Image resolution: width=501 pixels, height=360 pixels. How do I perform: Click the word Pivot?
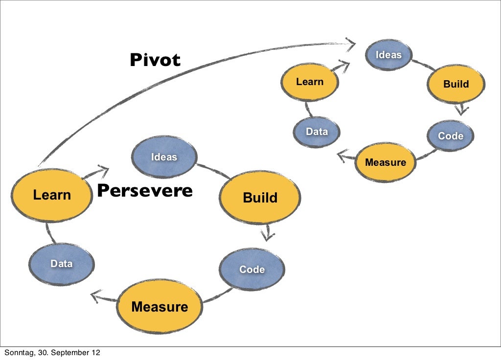155,60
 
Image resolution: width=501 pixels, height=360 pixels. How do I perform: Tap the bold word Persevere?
144,190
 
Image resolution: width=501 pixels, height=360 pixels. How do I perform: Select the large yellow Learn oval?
52,195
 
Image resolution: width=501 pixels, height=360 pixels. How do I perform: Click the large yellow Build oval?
260,198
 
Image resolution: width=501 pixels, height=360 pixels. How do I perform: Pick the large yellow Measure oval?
159,307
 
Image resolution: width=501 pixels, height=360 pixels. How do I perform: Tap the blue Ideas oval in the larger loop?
164,157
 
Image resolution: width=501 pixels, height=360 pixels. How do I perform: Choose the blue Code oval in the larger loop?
251,270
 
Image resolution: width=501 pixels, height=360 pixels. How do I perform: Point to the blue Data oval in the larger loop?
62,264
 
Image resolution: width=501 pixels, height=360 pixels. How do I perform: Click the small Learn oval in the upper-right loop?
309,82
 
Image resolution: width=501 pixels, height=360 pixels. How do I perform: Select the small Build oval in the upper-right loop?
455,84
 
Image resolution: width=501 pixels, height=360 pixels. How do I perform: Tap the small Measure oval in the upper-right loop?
386,162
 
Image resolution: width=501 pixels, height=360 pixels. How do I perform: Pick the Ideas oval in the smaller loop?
388,55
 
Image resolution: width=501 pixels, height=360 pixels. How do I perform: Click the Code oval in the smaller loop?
450,136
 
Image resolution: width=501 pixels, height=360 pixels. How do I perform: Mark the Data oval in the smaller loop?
317,132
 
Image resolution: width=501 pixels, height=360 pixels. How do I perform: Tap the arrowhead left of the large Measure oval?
96,295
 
